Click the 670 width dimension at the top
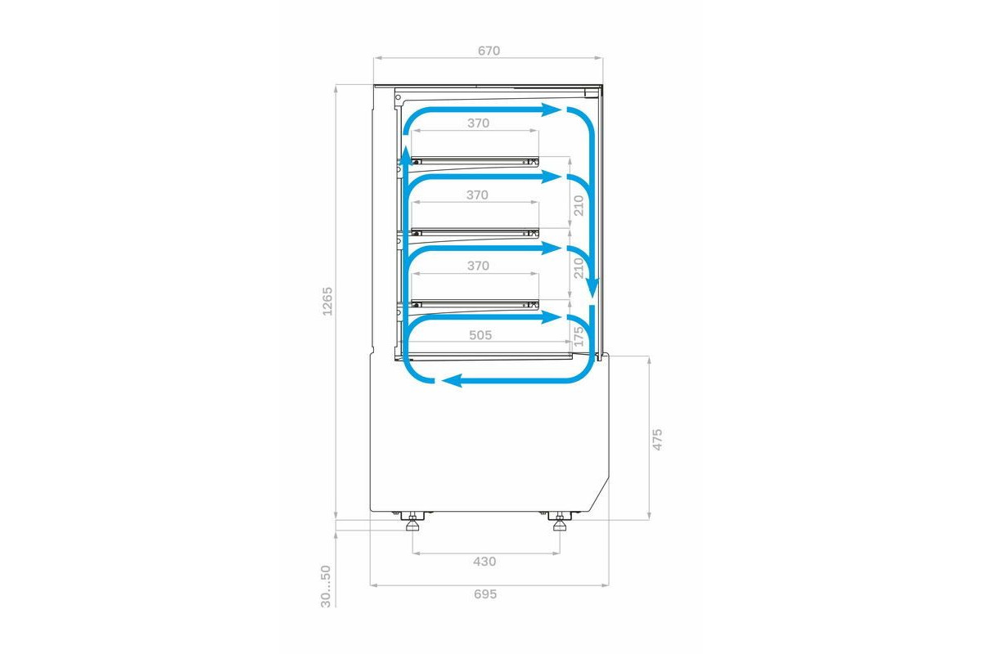click(x=489, y=52)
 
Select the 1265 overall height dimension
click(x=327, y=302)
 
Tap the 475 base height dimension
click(x=657, y=439)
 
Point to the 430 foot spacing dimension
click(x=484, y=561)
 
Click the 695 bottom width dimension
click(x=485, y=594)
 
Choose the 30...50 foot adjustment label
click(x=326, y=586)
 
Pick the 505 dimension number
click(x=480, y=335)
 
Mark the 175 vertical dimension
click(x=579, y=335)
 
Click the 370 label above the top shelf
click(x=478, y=123)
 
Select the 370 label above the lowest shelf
click(x=478, y=266)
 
